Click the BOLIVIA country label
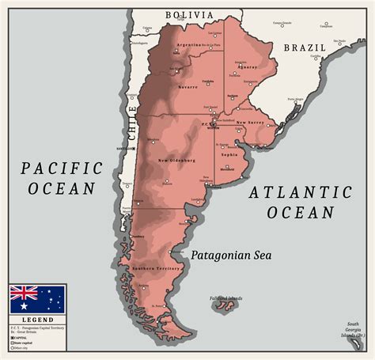188,15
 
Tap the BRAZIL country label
305,47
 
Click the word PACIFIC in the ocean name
62,168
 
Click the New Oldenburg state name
176,161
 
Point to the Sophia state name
229,155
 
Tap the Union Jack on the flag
24,292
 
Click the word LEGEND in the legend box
37,319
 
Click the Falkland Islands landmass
225,305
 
